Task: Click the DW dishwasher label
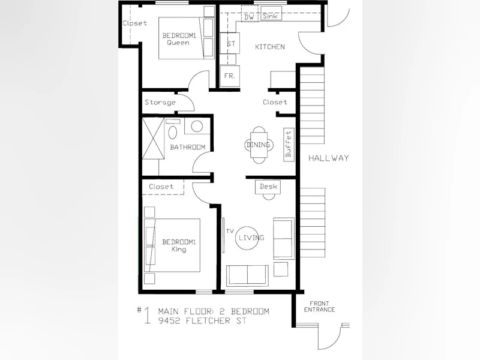(249, 17)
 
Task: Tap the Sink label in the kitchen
(270, 16)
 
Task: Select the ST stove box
(230, 43)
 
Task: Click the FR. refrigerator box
(230, 76)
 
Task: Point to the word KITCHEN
(269, 47)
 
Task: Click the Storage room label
(160, 102)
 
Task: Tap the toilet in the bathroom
(173, 130)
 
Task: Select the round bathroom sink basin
(197, 127)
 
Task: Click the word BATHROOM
(187, 147)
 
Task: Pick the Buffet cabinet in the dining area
(289, 145)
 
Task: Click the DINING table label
(259, 145)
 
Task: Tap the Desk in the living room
(268, 187)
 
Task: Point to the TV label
(230, 231)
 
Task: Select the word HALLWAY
(328, 158)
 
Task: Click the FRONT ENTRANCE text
(319, 307)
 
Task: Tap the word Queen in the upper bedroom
(178, 43)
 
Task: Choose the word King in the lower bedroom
(179, 249)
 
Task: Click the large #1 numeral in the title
(145, 315)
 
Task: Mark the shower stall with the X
(154, 139)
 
